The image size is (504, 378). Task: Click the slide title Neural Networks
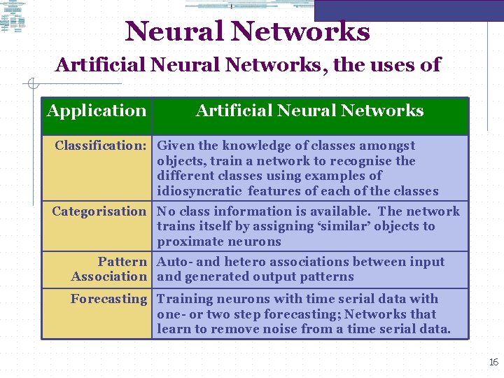tap(247, 31)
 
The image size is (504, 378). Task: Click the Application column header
tap(97, 111)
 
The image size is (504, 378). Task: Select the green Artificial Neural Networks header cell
tap(309, 111)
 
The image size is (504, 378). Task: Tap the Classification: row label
tap(100, 146)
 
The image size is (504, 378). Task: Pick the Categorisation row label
tap(99, 211)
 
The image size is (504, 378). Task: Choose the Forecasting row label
tap(108, 299)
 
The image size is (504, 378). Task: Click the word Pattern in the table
tap(122, 262)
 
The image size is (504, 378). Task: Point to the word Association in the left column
tap(109, 276)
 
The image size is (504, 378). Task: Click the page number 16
tap(493, 362)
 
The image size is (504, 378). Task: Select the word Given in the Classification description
tap(176, 146)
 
